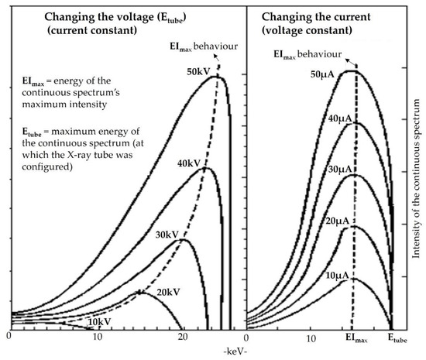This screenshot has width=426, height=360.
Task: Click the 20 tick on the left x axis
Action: (183, 338)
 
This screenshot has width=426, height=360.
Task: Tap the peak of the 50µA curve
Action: (356, 71)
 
